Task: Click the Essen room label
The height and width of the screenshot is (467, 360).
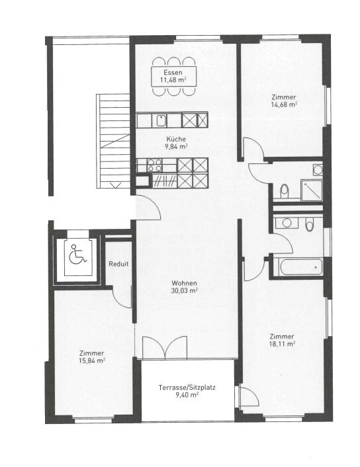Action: [172, 72]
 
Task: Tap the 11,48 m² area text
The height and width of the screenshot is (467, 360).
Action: [172, 80]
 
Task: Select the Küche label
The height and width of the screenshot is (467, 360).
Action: [175, 140]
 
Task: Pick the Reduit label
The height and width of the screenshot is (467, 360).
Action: [120, 264]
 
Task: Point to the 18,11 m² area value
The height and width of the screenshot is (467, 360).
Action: [282, 343]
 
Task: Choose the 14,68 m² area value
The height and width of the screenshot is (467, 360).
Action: [283, 104]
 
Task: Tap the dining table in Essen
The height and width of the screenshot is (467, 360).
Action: [173, 76]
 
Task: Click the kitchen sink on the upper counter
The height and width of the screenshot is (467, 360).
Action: [161, 120]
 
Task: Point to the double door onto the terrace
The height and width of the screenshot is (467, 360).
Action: [165, 349]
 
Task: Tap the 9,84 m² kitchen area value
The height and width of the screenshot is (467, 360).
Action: [176, 147]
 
